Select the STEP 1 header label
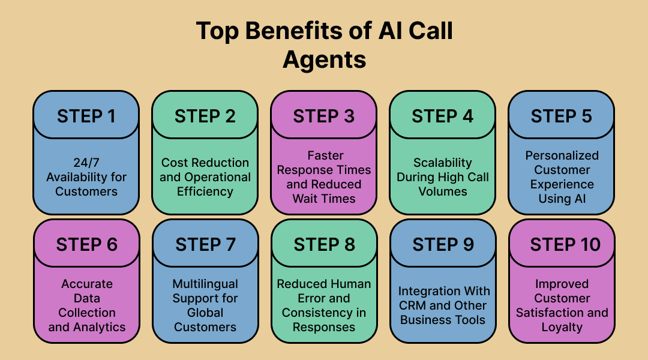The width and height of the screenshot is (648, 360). [86, 116]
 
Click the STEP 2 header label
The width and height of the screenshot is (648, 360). [205, 116]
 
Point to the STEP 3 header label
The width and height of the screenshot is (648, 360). [323, 116]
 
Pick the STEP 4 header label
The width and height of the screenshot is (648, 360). [442, 116]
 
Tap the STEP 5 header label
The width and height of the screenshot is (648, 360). [561, 116]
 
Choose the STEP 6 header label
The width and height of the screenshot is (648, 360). [87, 245]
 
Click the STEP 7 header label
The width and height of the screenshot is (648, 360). [205, 245]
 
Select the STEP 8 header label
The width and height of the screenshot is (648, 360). [325, 245]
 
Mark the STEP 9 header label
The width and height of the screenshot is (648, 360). [443, 245]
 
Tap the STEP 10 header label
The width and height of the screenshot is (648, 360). [565, 245]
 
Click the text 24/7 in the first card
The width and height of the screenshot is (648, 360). [86, 163]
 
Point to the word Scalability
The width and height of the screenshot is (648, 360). [443, 163]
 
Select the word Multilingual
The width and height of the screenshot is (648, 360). [205, 284]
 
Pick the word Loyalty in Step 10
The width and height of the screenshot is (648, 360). [562, 328]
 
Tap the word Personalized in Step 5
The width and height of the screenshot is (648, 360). [562, 155]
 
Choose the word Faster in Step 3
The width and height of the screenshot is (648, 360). [326, 155]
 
